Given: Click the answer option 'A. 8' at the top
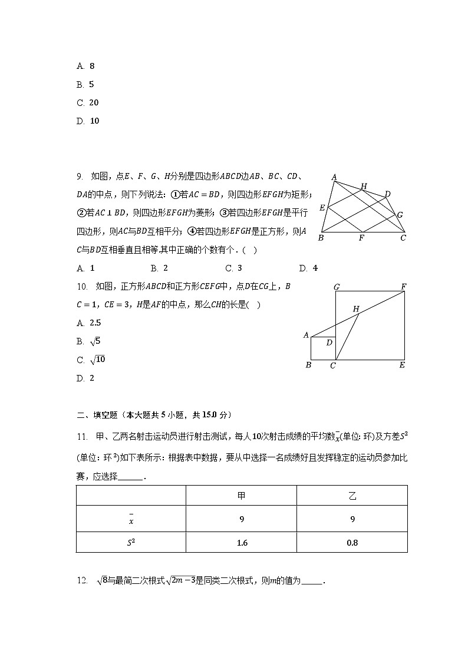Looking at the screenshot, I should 85,67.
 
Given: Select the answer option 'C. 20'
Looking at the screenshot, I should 88,103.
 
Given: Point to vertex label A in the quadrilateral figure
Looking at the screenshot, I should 334,177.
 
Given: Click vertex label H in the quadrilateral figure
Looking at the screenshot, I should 364,186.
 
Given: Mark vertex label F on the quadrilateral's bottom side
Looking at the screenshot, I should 361,238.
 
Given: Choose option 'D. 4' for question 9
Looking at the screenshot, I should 308,268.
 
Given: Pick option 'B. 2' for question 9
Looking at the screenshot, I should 159,268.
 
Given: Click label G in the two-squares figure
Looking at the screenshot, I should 336,287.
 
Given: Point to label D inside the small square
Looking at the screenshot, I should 329,343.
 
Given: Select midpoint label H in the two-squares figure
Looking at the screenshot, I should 355,308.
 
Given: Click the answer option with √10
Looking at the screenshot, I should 91,360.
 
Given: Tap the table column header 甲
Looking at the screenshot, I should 241,496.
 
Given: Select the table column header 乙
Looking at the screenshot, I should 352,496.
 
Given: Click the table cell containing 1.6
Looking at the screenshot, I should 241,543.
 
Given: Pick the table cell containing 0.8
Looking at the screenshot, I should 352,543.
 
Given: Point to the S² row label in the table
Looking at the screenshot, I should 131,543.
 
